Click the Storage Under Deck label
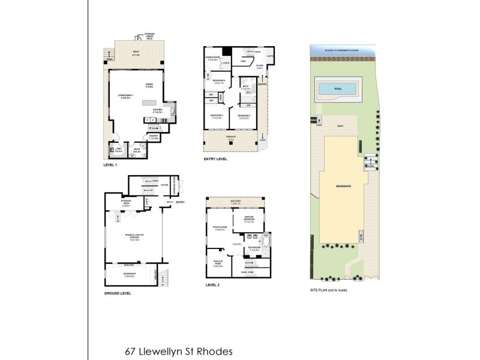click(x=145, y=37)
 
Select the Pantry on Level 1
click(x=154, y=137)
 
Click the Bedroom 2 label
click(x=244, y=116)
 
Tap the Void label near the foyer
click(x=244, y=61)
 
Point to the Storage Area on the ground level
click(x=127, y=205)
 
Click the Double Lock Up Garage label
click(x=130, y=236)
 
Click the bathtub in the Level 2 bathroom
click(x=266, y=246)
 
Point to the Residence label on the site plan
click(x=343, y=186)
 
